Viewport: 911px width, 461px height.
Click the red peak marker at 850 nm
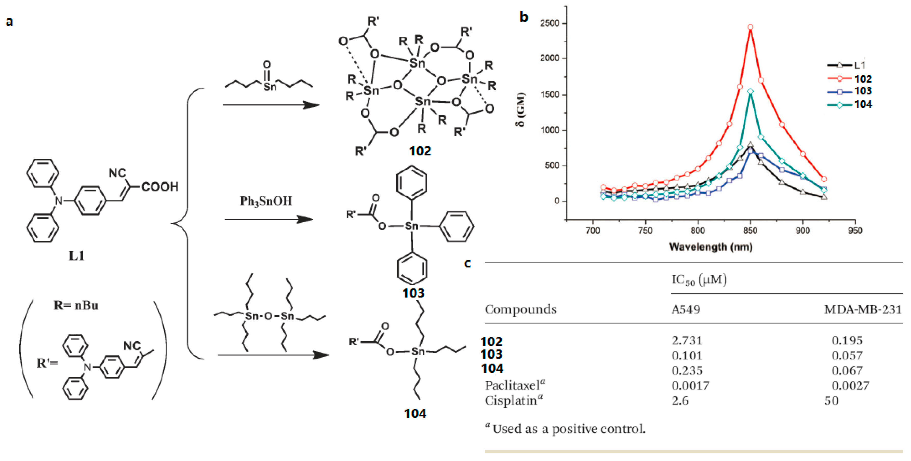click(750, 27)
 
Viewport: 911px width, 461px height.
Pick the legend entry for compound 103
click(863, 91)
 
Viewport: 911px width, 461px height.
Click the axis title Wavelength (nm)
click(711, 247)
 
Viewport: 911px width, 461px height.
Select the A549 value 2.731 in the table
click(687, 341)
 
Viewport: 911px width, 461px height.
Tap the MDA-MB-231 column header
click(863, 309)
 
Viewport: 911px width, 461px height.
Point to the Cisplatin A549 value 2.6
click(680, 401)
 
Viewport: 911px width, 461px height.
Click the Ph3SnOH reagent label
click(266, 201)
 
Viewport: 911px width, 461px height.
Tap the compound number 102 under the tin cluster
click(420, 151)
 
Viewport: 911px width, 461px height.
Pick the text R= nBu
click(76, 305)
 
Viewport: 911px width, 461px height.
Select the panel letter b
click(524, 17)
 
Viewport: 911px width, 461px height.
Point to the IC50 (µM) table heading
click(699, 280)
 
